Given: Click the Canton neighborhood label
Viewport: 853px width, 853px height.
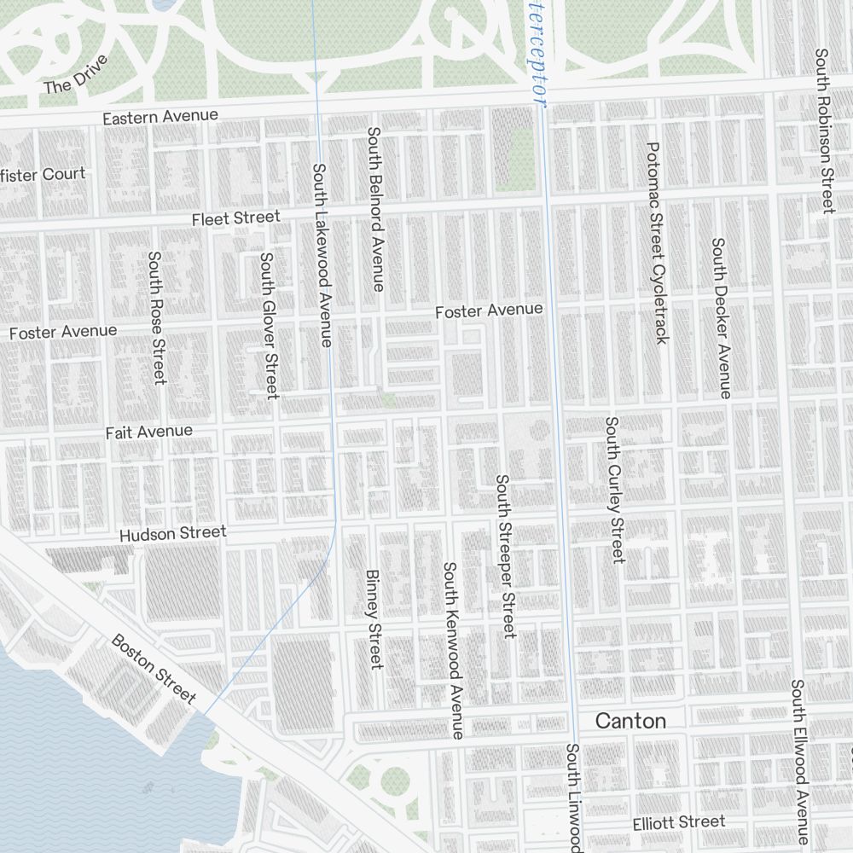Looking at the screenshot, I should click(x=630, y=721).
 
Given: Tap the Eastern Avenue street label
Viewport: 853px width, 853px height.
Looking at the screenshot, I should click(x=160, y=117).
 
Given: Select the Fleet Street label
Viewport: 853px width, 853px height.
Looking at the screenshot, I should click(x=235, y=218).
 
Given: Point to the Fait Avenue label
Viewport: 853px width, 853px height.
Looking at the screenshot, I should click(x=149, y=432).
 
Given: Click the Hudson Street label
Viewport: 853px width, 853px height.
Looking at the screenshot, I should click(x=173, y=534).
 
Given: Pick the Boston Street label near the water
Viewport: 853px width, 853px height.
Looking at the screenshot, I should click(x=154, y=669).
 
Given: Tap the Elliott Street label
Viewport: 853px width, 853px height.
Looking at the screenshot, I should click(x=679, y=822).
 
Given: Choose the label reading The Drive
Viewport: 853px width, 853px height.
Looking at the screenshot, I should click(x=76, y=75).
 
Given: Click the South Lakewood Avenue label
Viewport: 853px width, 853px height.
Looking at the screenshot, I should click(x=322, y=256).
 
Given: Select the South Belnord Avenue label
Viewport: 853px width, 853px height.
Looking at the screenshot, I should click(x=374, y=209).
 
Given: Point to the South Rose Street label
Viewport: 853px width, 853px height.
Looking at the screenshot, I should click(x=156, y=317).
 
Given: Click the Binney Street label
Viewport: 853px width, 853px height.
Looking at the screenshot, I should click(x=373, y=619).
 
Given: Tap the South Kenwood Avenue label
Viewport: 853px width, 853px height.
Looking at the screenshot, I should click(x=453, y=650).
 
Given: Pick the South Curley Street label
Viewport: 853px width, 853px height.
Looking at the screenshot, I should click(x=614, y=490).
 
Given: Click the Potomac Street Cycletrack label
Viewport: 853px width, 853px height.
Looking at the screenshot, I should click(x=656, y=243).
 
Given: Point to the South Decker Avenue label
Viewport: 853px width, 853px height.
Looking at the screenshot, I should click(x=721, y=317).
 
